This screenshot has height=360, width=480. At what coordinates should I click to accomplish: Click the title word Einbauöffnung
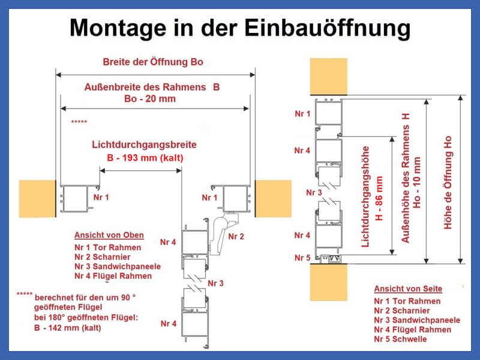(x=327, y=28)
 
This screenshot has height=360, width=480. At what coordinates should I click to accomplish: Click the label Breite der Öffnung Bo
(x=153, y=62)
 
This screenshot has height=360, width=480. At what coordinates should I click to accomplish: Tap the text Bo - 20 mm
(x=150, y=99)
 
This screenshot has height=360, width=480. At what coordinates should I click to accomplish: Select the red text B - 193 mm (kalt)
(x=145, y=158)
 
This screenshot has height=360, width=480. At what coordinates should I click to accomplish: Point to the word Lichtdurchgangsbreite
(x=144, y=145)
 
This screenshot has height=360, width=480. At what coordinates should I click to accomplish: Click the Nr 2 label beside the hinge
(x=236, y=236)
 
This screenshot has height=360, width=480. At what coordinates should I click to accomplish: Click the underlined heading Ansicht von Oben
(x=109, y=235)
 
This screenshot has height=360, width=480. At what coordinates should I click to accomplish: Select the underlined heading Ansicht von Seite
(x=408, y=289)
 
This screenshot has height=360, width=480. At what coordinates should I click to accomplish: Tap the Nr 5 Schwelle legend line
(x=400, y=339)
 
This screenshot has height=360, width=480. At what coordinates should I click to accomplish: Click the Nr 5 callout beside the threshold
(x=302, y=258)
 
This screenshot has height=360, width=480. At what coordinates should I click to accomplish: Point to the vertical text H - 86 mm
(x=379, y=199)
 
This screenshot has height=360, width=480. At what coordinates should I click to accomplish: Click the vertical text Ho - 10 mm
(x=416, y=183)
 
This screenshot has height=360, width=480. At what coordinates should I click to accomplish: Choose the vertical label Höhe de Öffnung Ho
(x=448, y=182)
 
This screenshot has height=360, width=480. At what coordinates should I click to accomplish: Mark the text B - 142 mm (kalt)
(x=68, y=328)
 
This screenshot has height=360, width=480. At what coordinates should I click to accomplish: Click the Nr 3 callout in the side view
(x=314, y=193)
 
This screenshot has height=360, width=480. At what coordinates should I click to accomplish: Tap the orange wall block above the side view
(x=328, y=76)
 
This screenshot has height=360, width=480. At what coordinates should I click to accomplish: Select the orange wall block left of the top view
(x=37, y=199)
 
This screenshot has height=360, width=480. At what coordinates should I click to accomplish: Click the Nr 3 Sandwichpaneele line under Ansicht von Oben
(x=118, y=266)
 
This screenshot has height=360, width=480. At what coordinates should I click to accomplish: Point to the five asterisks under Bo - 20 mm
(x=79, y=122)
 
